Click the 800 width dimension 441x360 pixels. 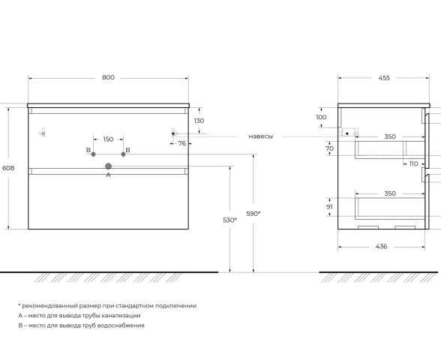tap(108, 77)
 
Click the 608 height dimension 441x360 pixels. tap(8, 168)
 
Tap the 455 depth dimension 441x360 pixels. tap(384, 78)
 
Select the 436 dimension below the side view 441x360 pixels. tap(381, 246)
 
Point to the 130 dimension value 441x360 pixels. tap(199, 121)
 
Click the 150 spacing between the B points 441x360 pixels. tap(108, 139)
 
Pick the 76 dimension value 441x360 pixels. tap(182, 143)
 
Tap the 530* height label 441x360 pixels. tap(229, 220)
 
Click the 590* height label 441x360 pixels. tap(253, 214)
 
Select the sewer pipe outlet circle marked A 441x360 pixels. tap(108, 166)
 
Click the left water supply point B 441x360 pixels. tap(93, 154)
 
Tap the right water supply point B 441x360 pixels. tap(123, 154)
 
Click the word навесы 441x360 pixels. tap(261, 136)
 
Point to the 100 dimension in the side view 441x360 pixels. tap(321, 117)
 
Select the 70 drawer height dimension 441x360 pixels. tap(330, 148)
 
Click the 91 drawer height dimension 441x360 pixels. tap(330, 207)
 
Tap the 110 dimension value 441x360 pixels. tap(413, 163)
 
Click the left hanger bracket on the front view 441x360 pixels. tap(43, 132)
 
